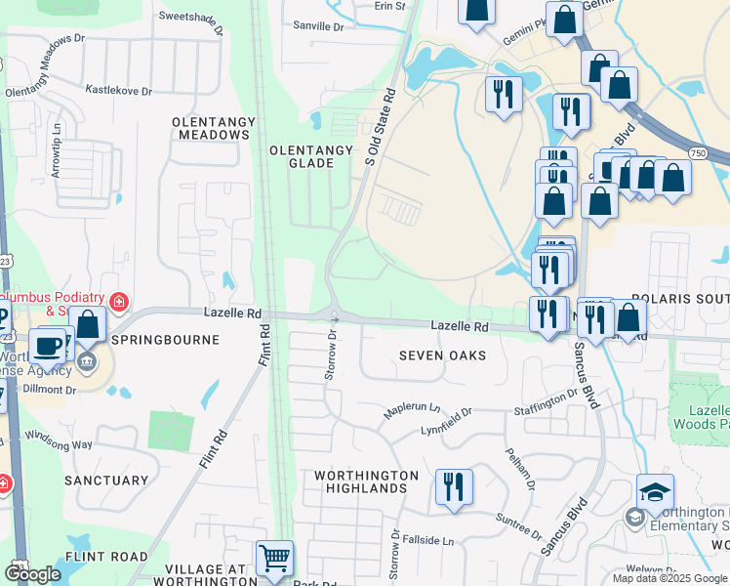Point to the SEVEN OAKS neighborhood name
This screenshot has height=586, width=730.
pos(442,356)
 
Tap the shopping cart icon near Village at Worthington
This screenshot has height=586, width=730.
pos(274,559)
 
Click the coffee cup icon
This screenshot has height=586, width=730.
pos(48,345)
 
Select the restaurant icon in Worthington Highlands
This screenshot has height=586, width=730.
pos(454,485)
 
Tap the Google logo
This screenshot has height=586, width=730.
pos(32,574)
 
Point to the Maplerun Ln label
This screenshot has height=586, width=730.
pos(412,412)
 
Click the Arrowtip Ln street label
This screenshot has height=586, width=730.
pos(58,144)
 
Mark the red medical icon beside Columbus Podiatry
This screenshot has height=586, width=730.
pos(119,302)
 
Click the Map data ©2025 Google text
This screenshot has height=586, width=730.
pos(669,578)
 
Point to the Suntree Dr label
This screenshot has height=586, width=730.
pos(518,528)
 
